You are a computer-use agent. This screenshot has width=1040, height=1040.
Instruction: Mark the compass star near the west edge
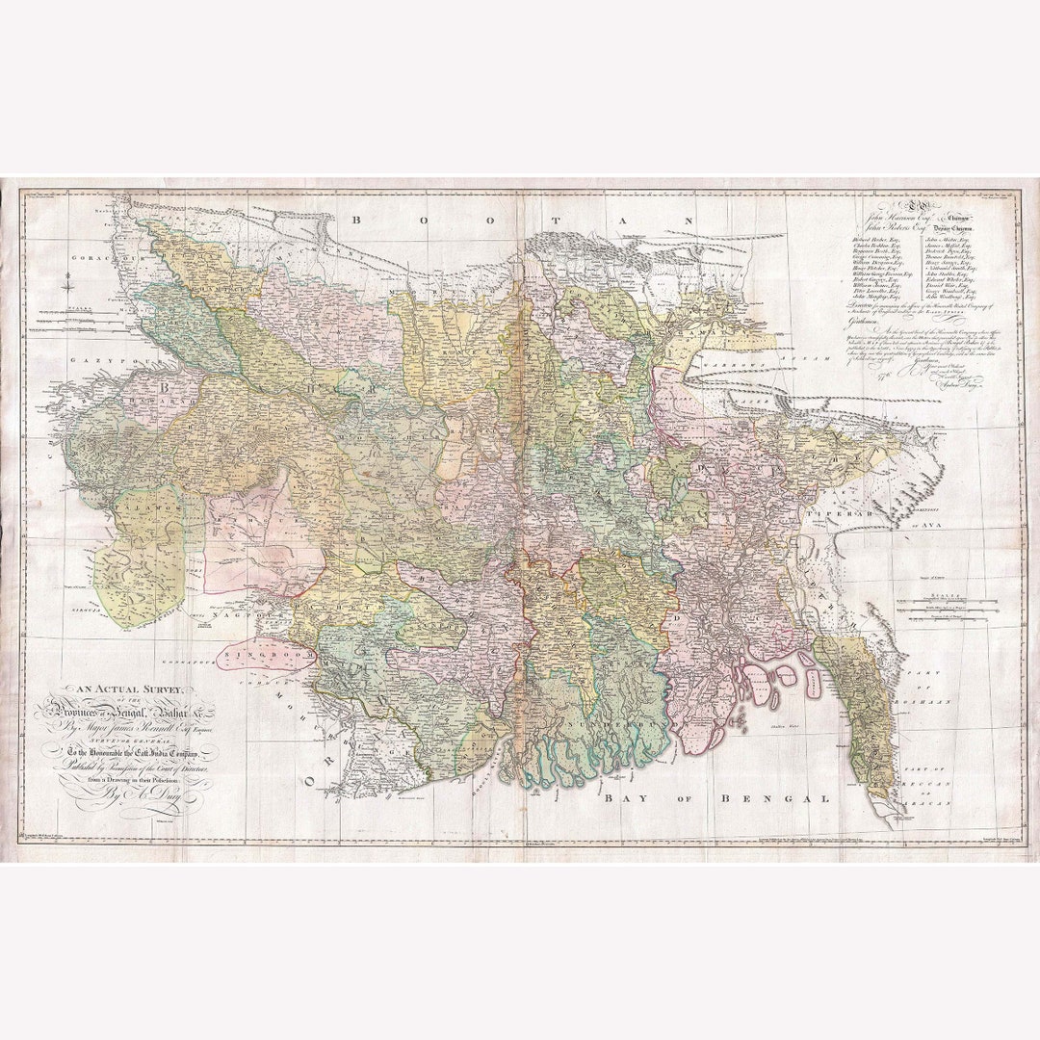tap(67, 283)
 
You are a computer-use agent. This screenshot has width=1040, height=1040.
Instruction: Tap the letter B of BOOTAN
tap(356, 220)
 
